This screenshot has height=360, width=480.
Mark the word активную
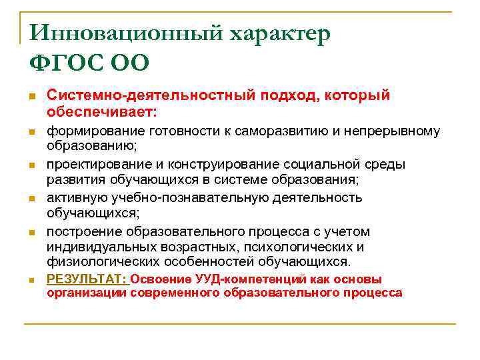[73, 198]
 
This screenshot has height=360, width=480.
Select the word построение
[83, 231]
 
